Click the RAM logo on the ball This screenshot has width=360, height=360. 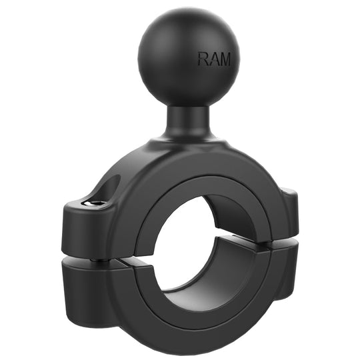(214, 59)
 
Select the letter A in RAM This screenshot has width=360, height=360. (213, 59)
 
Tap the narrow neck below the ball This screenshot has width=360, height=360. (188, 119)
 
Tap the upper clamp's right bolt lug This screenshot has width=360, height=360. (289, 213)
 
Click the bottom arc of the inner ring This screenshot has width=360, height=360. (200, 313)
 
